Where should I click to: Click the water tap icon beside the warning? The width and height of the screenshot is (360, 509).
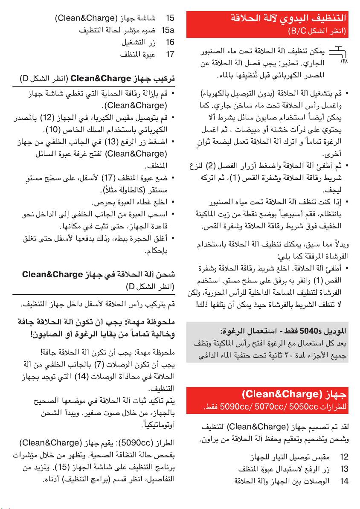tap(342, 54)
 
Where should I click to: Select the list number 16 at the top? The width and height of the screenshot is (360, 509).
tap(170, 43)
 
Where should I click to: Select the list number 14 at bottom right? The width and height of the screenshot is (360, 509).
tap(344, 481)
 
